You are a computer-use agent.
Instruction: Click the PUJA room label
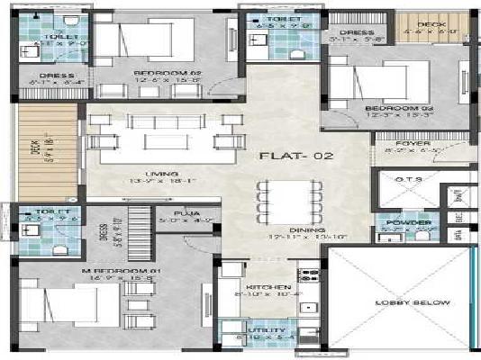(x=188, y=213)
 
